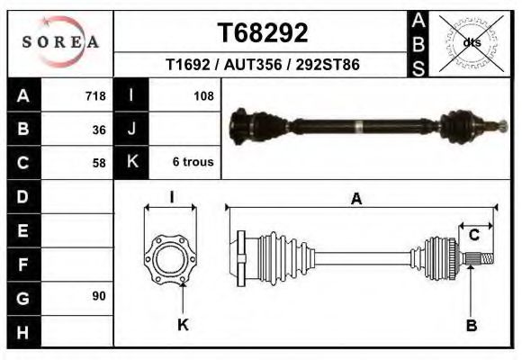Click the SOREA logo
point(60,42)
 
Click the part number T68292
point(263,33)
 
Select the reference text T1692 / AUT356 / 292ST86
point(263,66)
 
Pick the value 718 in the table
point(95,95)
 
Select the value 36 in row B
point(99,130)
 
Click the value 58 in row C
point(99,163)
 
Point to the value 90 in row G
point(99,296)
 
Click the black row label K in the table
point(131,163)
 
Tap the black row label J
point(131,130)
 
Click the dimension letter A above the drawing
point(356,200)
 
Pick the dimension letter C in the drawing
point(474,235)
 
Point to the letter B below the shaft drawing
point(471,325)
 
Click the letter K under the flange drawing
point(183,325)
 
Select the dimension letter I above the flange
point(171,197)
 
